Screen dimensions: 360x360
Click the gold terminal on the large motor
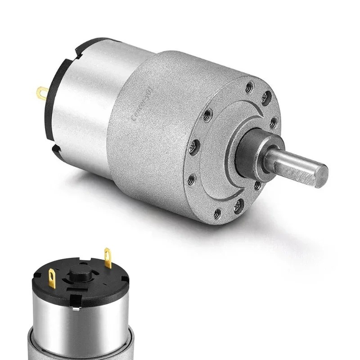[x=42, y=93]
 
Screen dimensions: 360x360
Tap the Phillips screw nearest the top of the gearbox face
[x=266, y=96]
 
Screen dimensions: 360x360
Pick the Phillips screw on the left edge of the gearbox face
[x=195, y=145]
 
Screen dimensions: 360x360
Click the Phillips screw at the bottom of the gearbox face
[x=239, y=206]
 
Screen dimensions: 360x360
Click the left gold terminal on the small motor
[x=52, y=278]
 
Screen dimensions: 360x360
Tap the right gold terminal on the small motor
[x=108, y=258]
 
